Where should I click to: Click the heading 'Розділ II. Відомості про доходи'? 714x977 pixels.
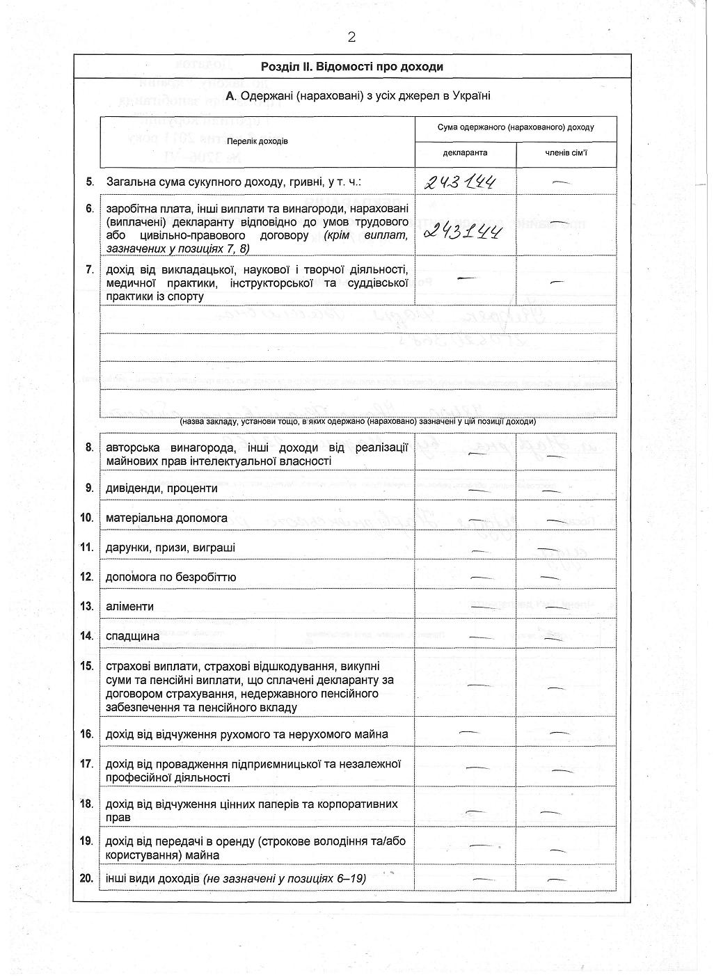[351, 67]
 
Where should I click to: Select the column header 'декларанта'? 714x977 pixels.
[465, 152]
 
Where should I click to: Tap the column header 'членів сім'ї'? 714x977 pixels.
[566, 152]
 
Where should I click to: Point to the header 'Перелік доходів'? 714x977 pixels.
[257, 141]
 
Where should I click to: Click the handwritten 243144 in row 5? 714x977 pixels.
[461, 183]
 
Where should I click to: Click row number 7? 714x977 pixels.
[89, 270]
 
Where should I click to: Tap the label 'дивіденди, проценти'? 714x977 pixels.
[161, 488]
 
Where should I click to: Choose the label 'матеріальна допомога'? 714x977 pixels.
[166, 518]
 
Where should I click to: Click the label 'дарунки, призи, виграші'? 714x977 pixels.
[170, 548]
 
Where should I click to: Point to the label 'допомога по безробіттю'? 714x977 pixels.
[170, 578]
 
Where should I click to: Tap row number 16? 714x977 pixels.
[87, 734]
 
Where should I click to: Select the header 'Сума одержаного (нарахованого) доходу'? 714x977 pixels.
[516, 128]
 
